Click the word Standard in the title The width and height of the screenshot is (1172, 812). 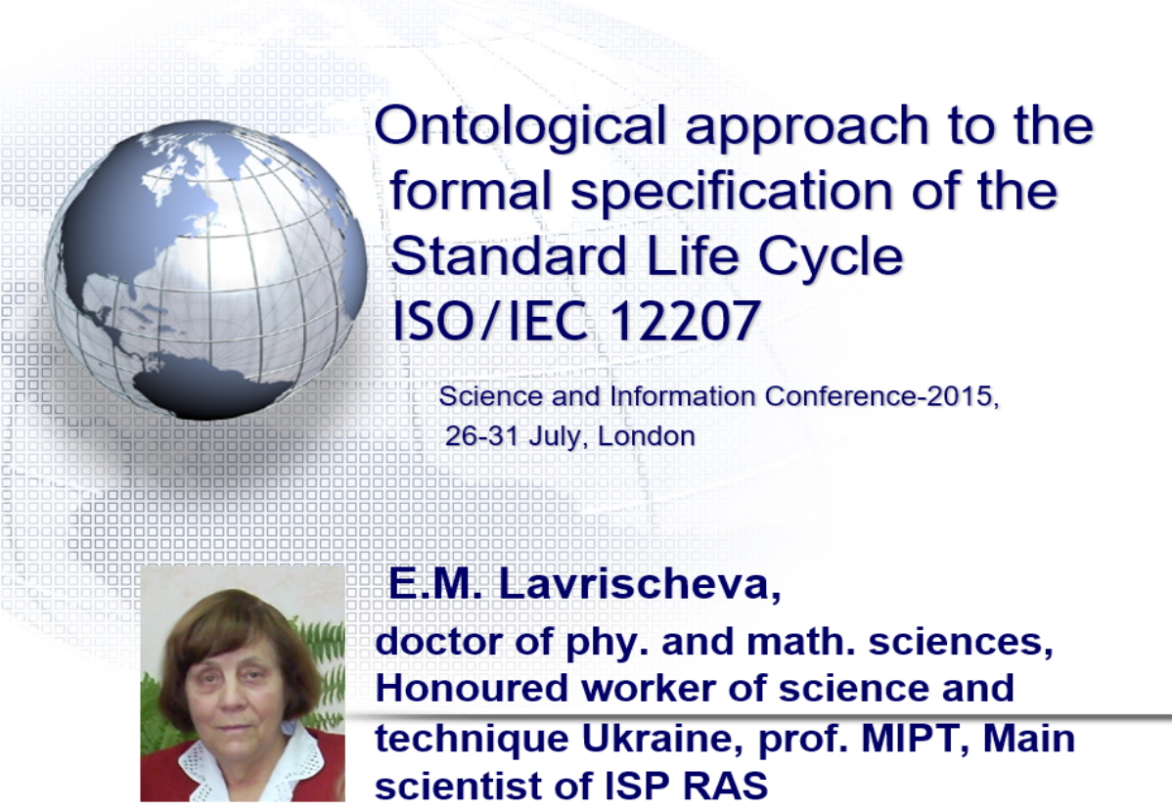pyautogui.click(x=508, y=255)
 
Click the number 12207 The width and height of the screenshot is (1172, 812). pyautogui.click(x=685, y=322)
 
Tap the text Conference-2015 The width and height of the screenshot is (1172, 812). pyautogui.click(x=882, y=396)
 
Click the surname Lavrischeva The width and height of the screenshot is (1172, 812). pyautogui.click(x=640, y=584)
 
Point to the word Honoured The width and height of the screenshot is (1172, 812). pyautogui.click(x=472, y=688)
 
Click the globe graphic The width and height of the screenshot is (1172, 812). pyautogui.click(x=205, y=269)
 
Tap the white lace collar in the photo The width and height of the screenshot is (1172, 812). pyautogui.click(x=247, y=766)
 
